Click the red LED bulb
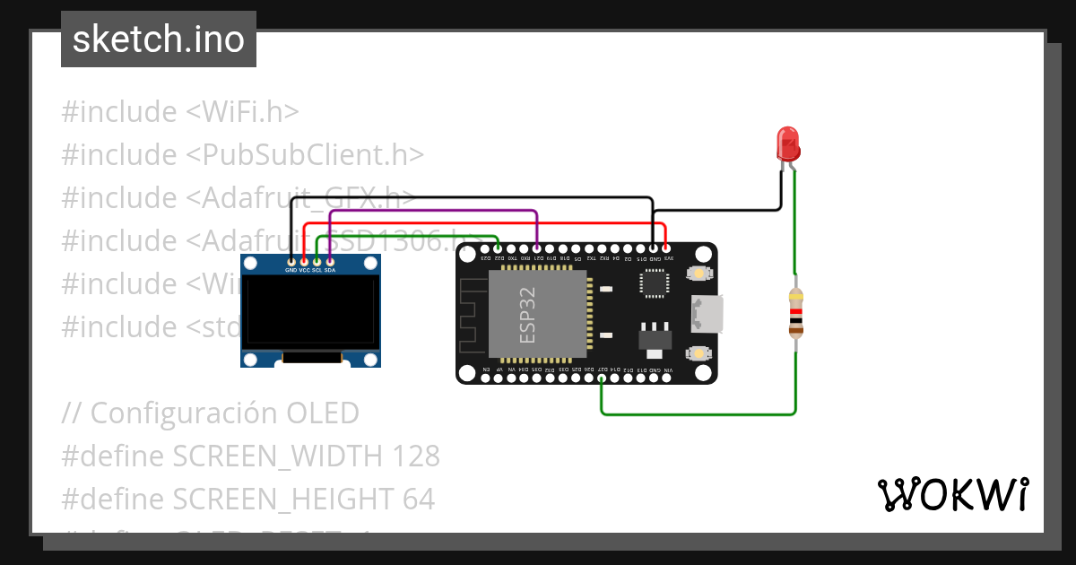787,143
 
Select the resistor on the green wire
795,313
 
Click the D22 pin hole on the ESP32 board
499,249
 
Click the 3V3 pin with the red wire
666,249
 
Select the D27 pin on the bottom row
602,378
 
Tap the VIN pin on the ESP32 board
666,378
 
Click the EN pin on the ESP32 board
486,378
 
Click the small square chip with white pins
653,282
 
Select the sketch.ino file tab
159,39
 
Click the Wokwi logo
952,494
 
